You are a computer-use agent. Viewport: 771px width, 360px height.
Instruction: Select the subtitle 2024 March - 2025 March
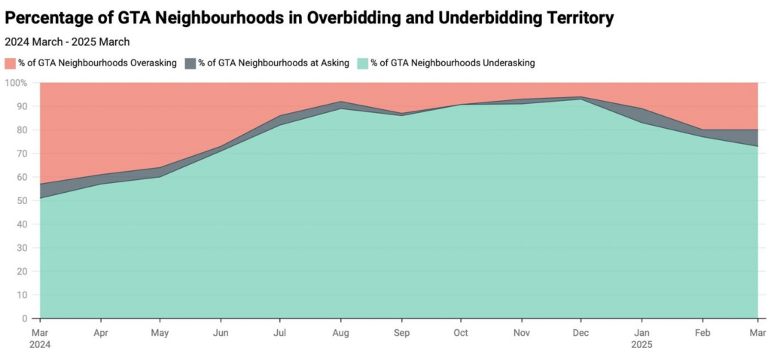click(x=67, y=42)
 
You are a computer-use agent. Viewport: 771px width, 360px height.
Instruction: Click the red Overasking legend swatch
click(x=10, y=63)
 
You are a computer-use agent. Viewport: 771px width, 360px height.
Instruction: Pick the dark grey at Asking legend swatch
click(x=190, y=63)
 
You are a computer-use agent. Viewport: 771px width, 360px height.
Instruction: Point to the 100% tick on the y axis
click(x=17, y=82)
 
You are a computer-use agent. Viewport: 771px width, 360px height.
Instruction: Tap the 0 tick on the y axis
click(x=24, y=319)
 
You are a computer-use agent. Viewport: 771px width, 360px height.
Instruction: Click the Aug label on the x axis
click(x=340, y=332)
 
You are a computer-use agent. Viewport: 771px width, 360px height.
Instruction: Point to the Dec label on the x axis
click(x=581, y=332)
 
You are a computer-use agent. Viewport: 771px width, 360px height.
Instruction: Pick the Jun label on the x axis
click(x=221, y=332)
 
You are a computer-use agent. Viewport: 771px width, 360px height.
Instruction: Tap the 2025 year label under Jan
click(x=641, y=344)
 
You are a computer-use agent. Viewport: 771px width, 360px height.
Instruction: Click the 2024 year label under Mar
click(x=41, y=344)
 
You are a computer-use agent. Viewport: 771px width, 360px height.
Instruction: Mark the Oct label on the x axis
click(x=460, y=332)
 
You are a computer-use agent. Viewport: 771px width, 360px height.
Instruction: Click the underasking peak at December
click(x=581, y=99)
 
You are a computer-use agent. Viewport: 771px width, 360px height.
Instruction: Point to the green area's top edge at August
click(x=340, y=108)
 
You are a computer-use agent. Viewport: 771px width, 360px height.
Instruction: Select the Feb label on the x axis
click(x=702, y=332)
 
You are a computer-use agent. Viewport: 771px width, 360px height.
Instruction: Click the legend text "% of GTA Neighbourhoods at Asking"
click(x=273, y=63)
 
